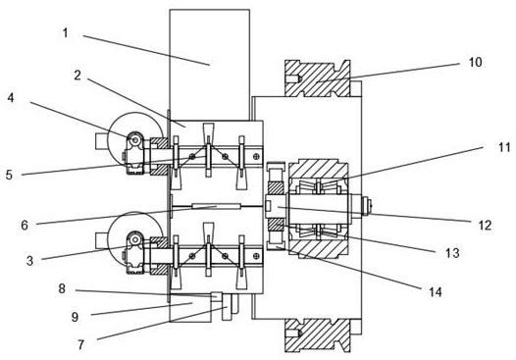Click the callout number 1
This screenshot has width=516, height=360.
click(66, 33)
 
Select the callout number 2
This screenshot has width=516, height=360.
click(77, 76)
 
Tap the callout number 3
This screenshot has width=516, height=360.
click(29, 261)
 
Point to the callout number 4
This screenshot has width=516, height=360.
click(11, 97)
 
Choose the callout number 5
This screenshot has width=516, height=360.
click(9, 175)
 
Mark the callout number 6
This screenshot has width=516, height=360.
click(25, 226)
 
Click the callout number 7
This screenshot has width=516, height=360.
click(81, 345)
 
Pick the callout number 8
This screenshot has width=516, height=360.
click(62, 288)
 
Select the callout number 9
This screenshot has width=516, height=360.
click(75, 317)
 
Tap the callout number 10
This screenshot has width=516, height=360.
click(475, 62)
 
